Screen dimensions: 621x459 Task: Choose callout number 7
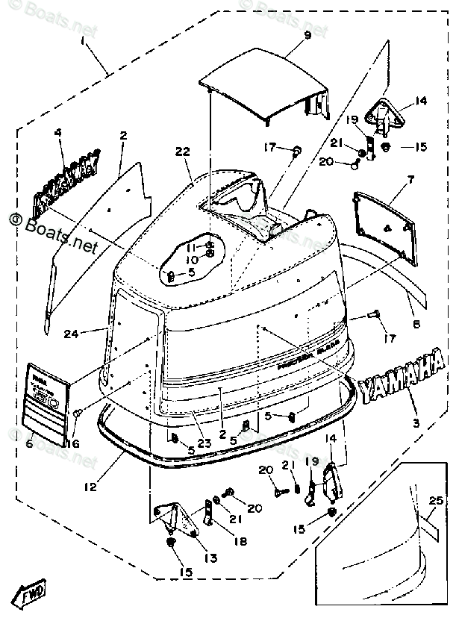[410, 180]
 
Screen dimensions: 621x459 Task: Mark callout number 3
[416, 423]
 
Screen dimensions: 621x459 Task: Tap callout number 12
[90, 488]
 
